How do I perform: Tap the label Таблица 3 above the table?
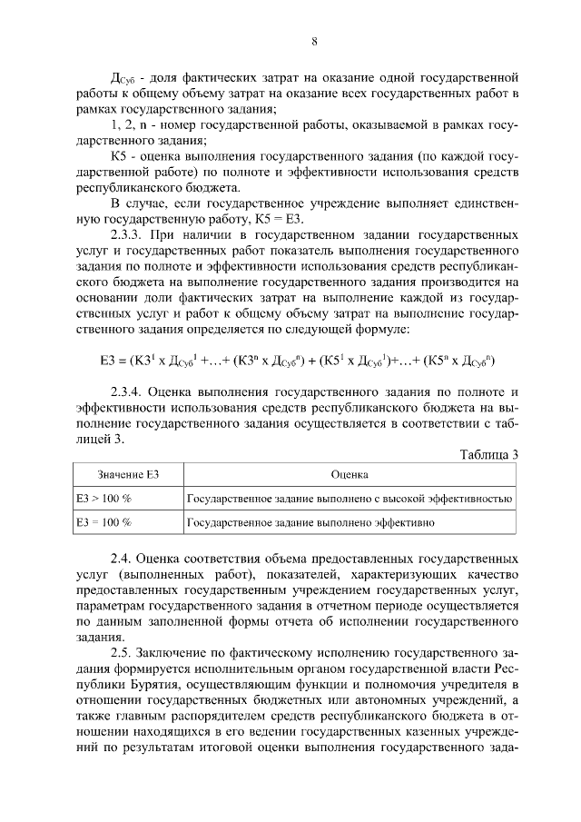point(488,455)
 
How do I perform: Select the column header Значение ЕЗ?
point(122,475)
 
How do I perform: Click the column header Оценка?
point(350,475)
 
